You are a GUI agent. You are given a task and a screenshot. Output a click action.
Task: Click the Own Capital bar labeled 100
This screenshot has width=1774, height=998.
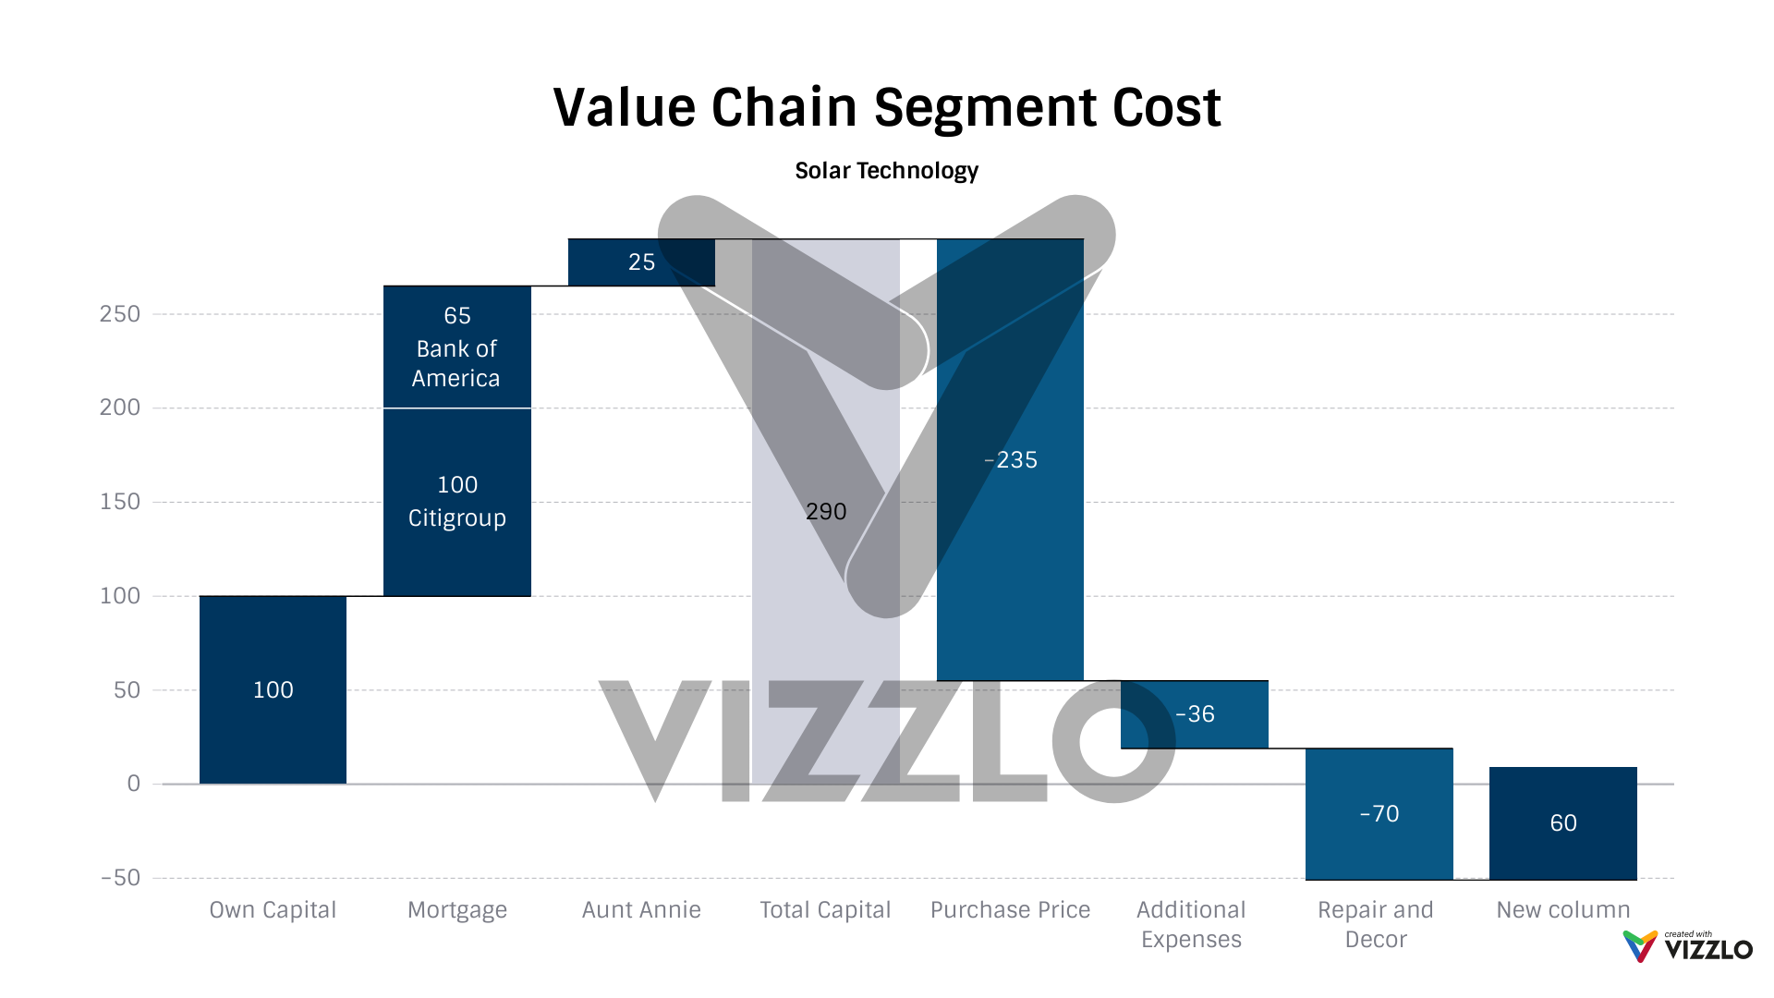pyautogui.click(x=273, y=689)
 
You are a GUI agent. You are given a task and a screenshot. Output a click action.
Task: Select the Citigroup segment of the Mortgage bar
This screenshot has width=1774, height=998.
pyautogui.click(x=457, y=502)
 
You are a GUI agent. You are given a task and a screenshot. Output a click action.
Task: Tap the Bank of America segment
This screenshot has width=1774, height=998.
pyautogui.click(x=457, y=347)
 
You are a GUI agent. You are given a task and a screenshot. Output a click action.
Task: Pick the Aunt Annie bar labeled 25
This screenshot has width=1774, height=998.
pyautogui.click(x=641, y=262)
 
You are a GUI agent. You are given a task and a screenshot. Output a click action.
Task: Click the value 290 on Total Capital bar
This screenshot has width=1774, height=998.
pyautogui.click(x=825, y=511)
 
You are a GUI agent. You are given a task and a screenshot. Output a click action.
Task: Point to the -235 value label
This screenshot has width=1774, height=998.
pyautogui.click(x=1011, y=460)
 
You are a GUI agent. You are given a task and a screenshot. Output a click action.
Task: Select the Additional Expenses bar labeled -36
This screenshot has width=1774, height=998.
pyautogui.click(x=1194, y=714)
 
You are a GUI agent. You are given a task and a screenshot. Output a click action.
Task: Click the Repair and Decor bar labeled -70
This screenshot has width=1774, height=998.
pyautogui.click(x=1379, y=814)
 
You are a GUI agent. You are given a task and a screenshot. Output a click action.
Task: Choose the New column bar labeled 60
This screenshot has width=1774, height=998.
pyautogui.click(x=1563, y=823)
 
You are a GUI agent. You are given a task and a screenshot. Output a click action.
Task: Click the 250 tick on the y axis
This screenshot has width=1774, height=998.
pyautogui.click(x=120, y=314)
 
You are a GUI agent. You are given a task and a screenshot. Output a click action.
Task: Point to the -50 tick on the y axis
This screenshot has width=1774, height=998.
pyautogui.click(x=120, y=878)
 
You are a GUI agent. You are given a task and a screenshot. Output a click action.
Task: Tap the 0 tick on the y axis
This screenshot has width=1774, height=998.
pyautogui.click(x=134, y=784)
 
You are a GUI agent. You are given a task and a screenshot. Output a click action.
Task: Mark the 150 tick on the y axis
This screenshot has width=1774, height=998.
pyautogui.click(x=120, y=502)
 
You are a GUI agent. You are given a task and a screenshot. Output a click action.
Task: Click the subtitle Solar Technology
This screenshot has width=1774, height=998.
pyautogui.click(x=886, y=171)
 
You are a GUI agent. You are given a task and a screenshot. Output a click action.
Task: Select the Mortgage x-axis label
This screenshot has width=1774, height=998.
pyautogui.click(x=457, y=910)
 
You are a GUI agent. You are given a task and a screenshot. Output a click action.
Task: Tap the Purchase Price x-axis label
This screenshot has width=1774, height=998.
pyautogui.click(x=1010, y=910)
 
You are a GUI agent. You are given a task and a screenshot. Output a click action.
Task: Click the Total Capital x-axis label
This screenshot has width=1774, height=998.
pyautogui.click(x=825, y=910)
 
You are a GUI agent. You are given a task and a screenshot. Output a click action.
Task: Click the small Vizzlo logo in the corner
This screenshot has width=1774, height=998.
pyautogui.click(x=1687, y=947)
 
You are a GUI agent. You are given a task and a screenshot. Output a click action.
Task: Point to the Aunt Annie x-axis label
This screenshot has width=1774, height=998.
pyautogui.click(x=641, y=910)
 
